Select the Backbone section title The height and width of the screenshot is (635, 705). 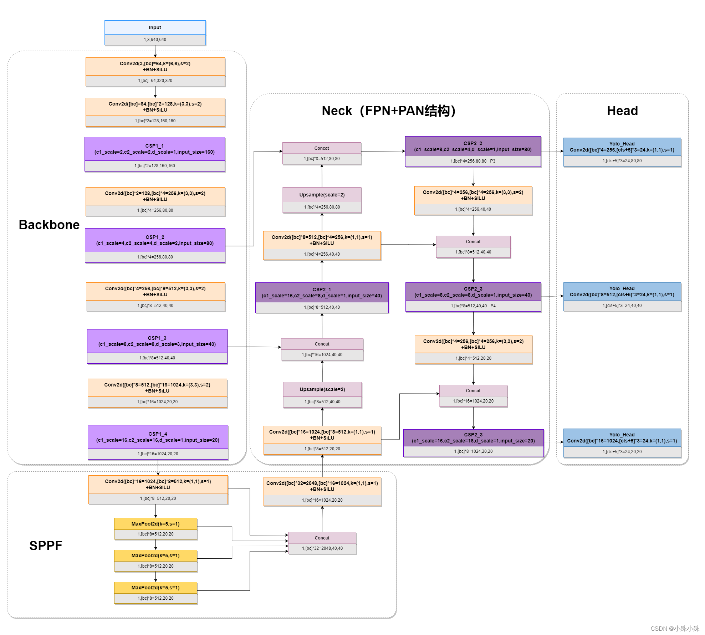pos(49,225)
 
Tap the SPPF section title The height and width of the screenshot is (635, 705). pos(46,546)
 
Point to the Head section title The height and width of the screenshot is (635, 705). pos(622,111)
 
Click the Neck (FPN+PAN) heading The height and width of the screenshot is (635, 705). pos(388,111)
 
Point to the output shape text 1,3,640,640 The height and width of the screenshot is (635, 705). pos(155,40)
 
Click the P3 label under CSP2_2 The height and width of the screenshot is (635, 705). pos(492,161)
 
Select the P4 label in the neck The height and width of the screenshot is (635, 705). pos(493,306)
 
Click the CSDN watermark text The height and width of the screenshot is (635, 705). pos(675,628)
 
